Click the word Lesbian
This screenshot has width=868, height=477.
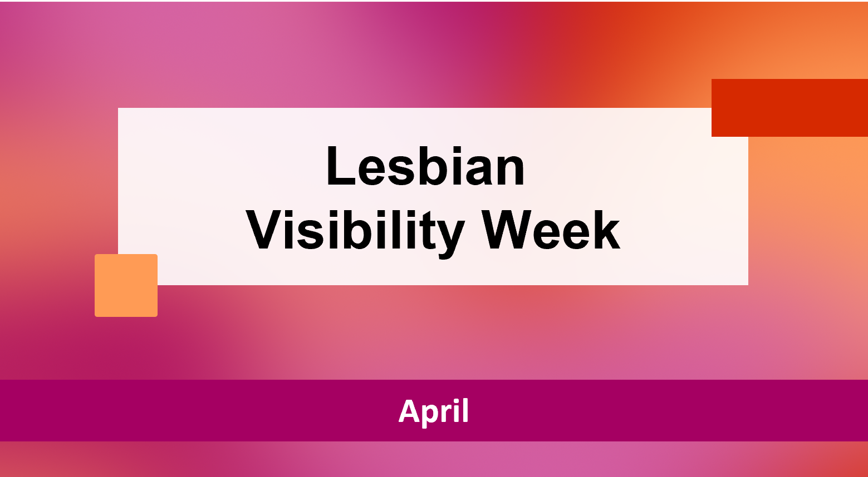pyautogui.click(x=425, y=166)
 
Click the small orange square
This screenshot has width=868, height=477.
pyautogui.click(x=126, y=286)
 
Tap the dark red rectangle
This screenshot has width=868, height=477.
pyautogui.click(x=789, y=107)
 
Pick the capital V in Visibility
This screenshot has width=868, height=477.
pyautogui.click(x=267, y=230)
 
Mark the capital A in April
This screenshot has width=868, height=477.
pyautogui.click(x=410, y=411)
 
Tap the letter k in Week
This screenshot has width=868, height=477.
pyautogui.click(x=607, y=230)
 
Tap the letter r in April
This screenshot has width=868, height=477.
pyautogui.click(x=452, y=414)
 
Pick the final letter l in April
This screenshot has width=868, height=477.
pyautogui.click(x=466, y=411)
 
